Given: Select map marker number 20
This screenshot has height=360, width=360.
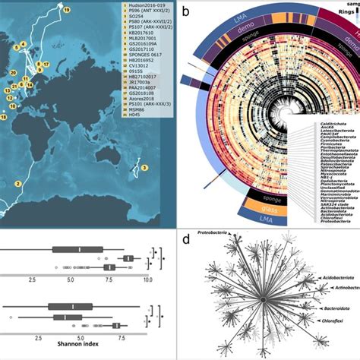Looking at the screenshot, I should pyautogui.click(x=13, y=72).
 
